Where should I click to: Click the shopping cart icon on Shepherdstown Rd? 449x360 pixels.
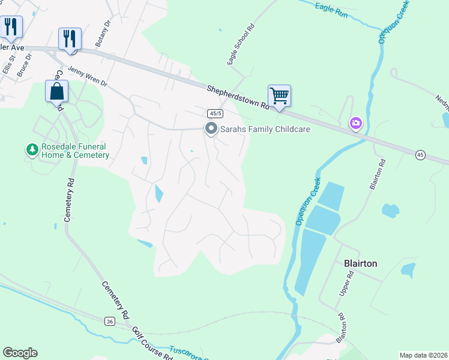[x=279, y=95]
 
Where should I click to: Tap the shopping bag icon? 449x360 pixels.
[x=56, y=91]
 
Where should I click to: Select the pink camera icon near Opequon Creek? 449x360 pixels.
[x=356, y=124]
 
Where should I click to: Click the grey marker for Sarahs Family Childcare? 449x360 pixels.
[x=211, y=129]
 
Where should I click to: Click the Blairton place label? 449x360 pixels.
[x=360, y=263]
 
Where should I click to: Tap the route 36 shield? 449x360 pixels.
[x=109, y=322]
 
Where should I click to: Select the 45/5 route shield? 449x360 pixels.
[x=215, y=113]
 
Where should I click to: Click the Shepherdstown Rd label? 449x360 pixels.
[x=238, y=97]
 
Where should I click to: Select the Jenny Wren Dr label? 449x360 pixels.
[x=87, y=76]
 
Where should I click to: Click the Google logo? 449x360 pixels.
[x=20, y=353]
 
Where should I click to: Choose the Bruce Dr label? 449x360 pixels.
[x=24, y=67]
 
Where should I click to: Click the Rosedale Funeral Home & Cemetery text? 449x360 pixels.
[x=75, y=151]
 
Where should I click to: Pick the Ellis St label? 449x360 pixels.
[x=8, y=63]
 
